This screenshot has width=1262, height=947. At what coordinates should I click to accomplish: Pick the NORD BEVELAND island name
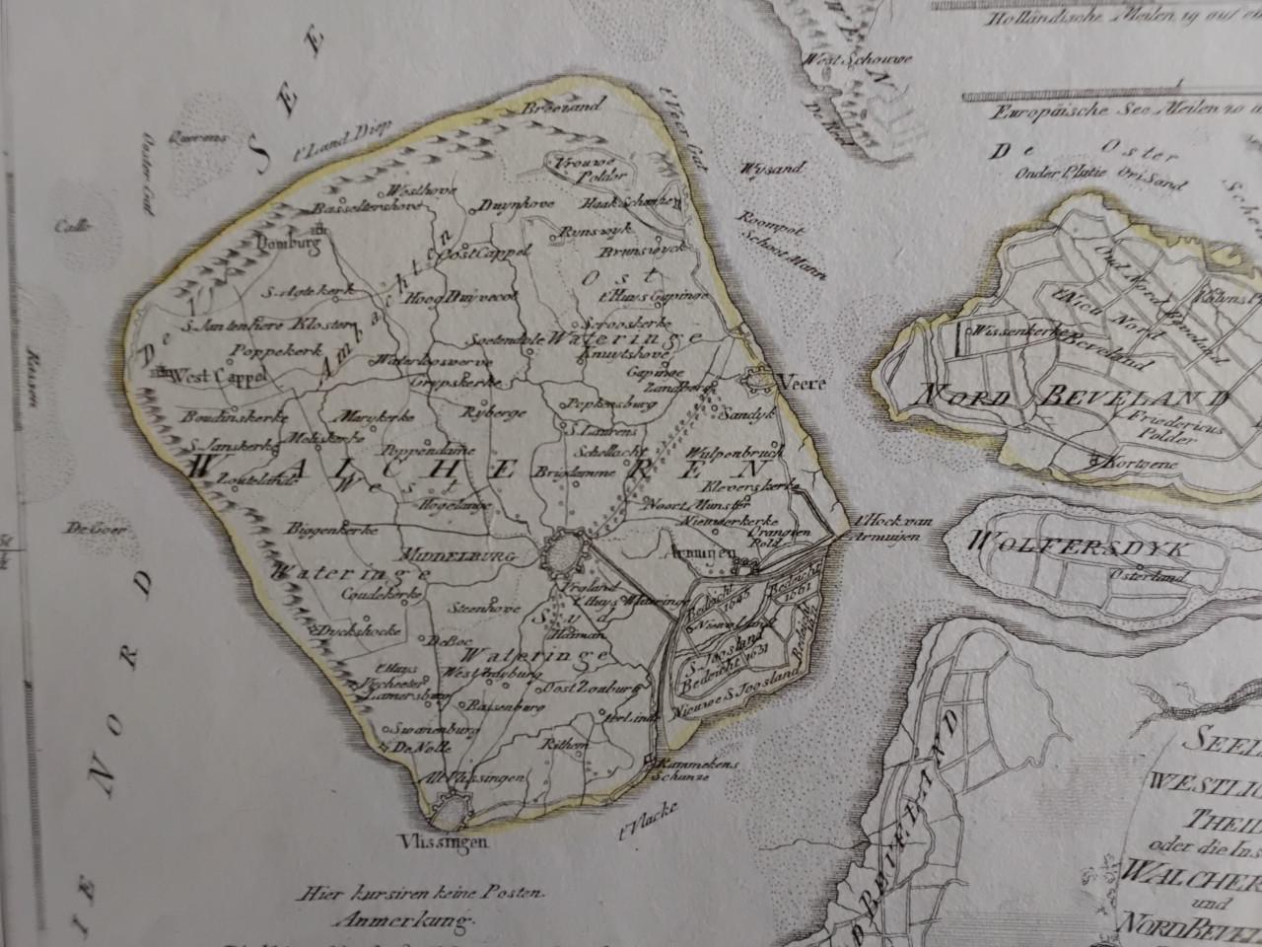point(1074,399)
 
